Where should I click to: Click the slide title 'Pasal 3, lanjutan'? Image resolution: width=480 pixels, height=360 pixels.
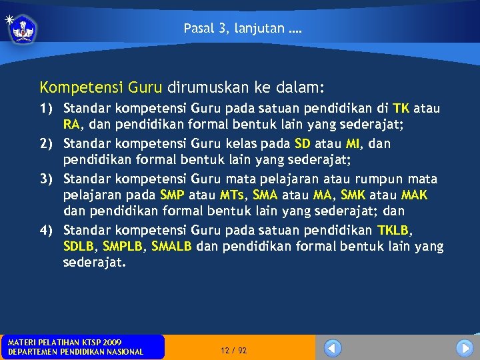click(x=243, y=29)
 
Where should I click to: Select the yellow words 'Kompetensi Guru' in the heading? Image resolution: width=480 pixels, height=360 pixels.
click(x=102, y=87)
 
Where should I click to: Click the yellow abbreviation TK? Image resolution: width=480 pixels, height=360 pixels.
click(x=401, y=108)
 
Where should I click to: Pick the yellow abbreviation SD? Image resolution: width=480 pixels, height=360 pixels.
click(x=303, y=143)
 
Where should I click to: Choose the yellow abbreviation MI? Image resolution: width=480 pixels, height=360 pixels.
click(x=353, y=143)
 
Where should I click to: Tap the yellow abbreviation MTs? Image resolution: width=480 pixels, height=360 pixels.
click(x=232, y=195)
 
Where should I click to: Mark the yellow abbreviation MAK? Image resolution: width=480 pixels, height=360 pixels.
click(x=415, y=195)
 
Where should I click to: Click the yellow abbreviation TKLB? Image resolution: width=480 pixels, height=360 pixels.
click(x=395, y=230)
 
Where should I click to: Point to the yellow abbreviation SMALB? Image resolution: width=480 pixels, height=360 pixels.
click(x=171, y=246)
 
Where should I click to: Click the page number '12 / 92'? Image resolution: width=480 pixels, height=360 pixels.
click(x=233, y=350)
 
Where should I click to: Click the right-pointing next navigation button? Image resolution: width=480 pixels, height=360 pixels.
click(x=465, y=348)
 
